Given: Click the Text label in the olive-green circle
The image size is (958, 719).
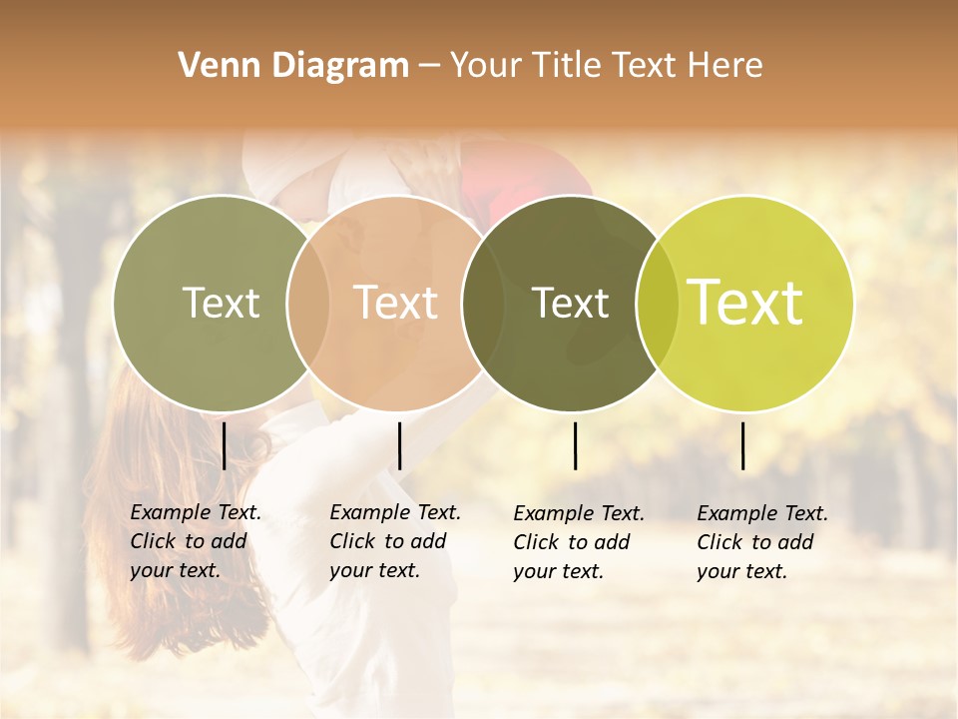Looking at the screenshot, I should (x=221, y=303).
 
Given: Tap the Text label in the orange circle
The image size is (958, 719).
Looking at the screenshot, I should (x=396, y=303).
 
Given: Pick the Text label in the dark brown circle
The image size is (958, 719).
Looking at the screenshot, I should (x=571, y=303).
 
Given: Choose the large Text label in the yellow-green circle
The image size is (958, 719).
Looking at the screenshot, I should (x=745, y=303).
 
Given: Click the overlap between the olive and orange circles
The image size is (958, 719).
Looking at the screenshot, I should (x=308, y=303).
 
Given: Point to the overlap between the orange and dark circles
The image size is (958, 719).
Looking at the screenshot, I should (x=482, y=303).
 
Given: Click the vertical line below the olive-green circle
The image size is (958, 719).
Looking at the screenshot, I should (x=224, y=445).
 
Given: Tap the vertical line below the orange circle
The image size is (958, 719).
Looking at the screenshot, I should (x=399, y=445).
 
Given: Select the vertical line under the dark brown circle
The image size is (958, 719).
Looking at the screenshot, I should (x=575, y=445).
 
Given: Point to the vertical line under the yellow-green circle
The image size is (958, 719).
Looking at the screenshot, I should (x=742, y=445).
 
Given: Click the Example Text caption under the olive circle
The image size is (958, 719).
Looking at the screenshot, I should (x=195, y=541).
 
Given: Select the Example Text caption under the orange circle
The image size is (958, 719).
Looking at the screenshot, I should (x=394, y=541).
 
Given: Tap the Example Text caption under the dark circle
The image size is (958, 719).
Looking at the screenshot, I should (x=578, y=542).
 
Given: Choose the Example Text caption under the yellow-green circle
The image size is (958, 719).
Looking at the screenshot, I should (x=761, y=542).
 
